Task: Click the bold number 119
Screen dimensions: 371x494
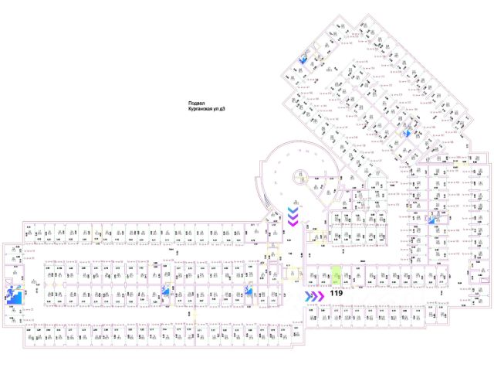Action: [x=337, y=294]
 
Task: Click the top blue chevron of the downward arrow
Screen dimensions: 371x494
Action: [x=294, y=209]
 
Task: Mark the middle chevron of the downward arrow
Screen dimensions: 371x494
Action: [x=294, y=216]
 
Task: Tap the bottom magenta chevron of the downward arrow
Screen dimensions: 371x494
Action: [x=294, y=223]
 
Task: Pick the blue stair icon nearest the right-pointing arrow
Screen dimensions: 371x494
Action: [x=249, y=291]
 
